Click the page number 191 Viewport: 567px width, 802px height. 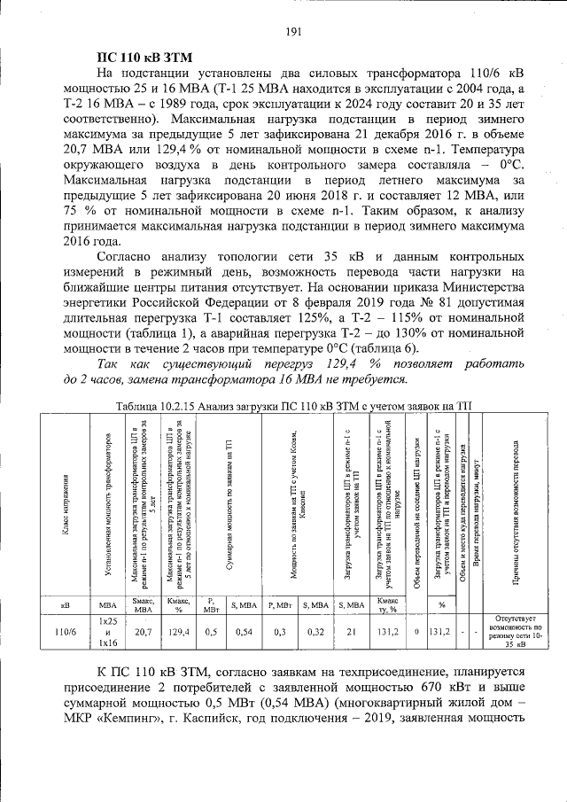(x=294, y=33)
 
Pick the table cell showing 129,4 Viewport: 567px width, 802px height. (x=179, y=632)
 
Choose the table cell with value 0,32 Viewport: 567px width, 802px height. (x=314, y=632)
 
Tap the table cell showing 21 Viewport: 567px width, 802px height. (x=352, y=632)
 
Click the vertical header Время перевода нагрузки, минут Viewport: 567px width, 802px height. (x=476, y=505)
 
